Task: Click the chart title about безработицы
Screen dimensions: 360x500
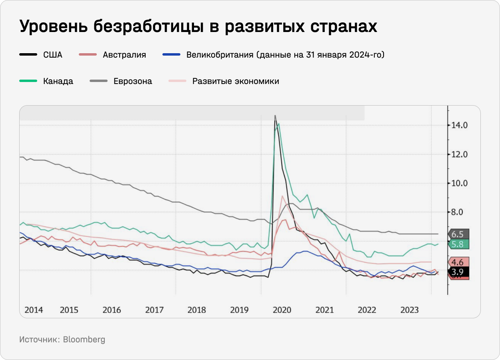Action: click(198, 27)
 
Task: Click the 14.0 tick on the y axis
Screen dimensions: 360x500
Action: click(460, 126)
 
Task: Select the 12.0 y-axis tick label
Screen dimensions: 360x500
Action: click(460, 154)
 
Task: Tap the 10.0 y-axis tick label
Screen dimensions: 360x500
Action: click(460, 183)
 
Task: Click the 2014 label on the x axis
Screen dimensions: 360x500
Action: click(34, 310)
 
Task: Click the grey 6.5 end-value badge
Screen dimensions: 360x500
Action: click(458, 234)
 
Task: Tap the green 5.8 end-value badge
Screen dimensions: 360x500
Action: click(458, 244)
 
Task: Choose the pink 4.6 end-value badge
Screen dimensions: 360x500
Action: click(458, 262)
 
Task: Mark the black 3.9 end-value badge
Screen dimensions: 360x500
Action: click(458, 272)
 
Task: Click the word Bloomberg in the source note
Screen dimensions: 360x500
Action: click(84, 340)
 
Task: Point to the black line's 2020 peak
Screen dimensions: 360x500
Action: click(275, 116)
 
